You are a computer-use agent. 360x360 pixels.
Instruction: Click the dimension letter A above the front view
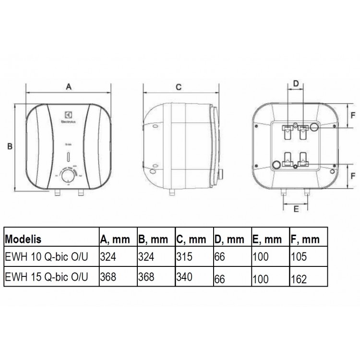click(x=69, y=86)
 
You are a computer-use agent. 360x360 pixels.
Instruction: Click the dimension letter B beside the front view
click(x=10, y=147)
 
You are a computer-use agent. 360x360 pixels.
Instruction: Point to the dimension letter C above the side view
click(x=178, y=87)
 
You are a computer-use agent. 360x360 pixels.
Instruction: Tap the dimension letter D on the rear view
click(x=296, y=83)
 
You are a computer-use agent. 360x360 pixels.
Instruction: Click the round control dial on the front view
click(x=68, y=175)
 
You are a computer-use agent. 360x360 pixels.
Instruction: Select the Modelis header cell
click(x=23, y=239)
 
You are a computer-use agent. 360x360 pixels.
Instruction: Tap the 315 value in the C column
click(x=184, y=257)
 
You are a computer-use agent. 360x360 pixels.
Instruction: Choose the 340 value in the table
click(x=184, y=277)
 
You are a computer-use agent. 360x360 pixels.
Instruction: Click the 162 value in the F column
click(x=299, y=278)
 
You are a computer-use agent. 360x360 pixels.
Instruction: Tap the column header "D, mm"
click(x=228, y=239)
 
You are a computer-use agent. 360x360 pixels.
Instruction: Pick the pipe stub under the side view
click(x=172, y=192)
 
